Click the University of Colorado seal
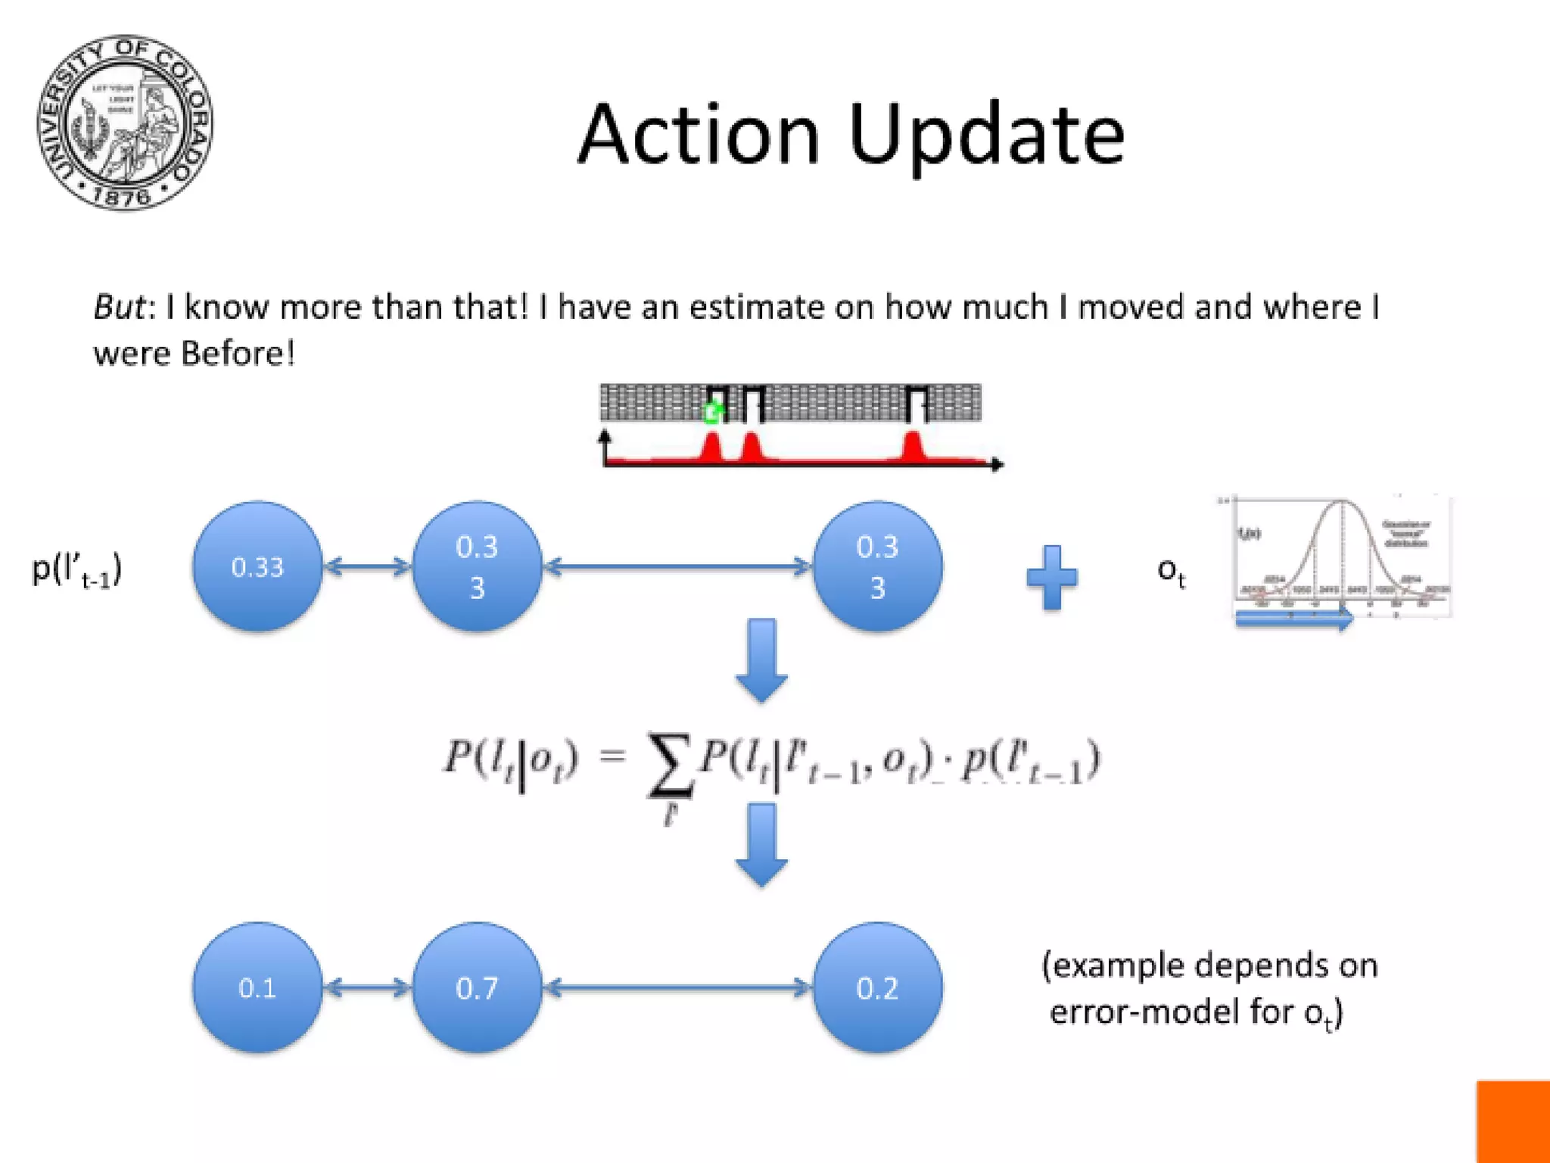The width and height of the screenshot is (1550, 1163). pos(125,123)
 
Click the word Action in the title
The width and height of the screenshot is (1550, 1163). pos(699,135)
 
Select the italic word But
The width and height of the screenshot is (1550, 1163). pos(119,307)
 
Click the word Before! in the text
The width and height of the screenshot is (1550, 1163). pos(238,354)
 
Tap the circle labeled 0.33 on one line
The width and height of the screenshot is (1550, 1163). pos(257,566)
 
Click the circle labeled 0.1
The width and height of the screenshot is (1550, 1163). pos(257,987)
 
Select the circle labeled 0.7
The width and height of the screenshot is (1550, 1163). pos(477,987)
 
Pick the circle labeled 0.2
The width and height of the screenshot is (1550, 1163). pos(877,987)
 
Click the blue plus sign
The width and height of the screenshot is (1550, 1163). pos(1051,577)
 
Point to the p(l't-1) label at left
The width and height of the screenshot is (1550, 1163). pos(76,569)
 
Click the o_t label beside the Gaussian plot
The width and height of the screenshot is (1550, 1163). pos(1170,571)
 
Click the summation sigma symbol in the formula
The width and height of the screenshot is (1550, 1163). pos(669,765)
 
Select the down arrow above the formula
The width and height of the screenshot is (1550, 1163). pos(761,659)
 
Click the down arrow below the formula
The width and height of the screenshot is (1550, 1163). pos(761,843)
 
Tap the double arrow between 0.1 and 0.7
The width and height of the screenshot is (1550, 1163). pos(367,987)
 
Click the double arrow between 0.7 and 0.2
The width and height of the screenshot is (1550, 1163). pos(677,987)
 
